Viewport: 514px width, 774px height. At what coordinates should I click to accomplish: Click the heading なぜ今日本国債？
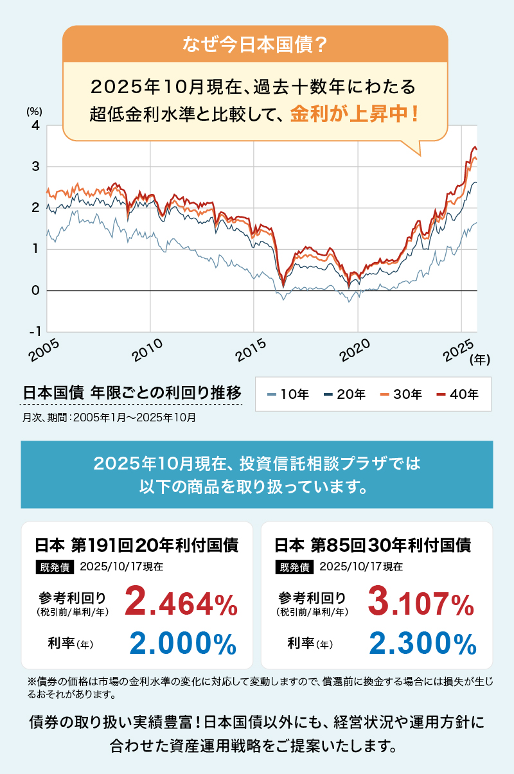click(x=256, y=44)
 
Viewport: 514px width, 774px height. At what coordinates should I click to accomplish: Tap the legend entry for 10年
click(x=288, y=394)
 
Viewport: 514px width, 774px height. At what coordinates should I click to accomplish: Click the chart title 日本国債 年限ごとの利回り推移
click(x=131, y=392)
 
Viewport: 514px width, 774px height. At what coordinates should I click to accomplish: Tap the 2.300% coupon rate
click(x=422, y=643)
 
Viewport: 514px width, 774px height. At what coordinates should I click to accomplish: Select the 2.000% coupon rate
click(x=182, y=643)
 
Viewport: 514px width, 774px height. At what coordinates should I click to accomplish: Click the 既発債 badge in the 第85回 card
click(x=294, y=567)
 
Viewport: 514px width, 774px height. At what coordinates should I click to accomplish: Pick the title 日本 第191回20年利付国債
click(x=136, y=545)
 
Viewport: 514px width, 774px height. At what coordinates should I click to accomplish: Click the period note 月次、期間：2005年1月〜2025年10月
click(x=109, y=417)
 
